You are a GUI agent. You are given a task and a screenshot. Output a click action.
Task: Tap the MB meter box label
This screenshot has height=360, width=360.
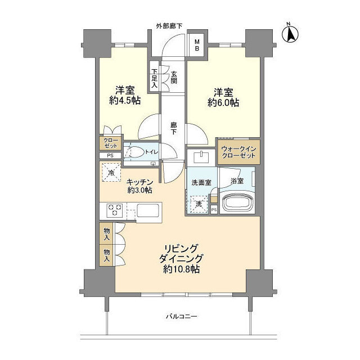[x=197, y=43]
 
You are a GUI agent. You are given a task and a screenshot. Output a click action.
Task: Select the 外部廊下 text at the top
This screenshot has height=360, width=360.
[x=173, y=26]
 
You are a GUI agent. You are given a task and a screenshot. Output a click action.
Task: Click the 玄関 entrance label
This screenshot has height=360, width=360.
[x=174, y=76]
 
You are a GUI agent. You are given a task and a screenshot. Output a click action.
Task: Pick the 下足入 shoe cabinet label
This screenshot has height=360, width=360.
[x=155, y=79]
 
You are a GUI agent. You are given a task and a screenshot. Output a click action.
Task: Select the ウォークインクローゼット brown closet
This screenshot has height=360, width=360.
[x=238, y=152]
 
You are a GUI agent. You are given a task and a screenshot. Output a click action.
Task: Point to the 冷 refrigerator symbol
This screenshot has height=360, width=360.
[x=111, y=172]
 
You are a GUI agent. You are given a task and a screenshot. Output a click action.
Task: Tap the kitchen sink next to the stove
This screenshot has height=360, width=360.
[x=148, y=212]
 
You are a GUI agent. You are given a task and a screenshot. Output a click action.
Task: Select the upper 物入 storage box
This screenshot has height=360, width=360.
[x=107, y=232]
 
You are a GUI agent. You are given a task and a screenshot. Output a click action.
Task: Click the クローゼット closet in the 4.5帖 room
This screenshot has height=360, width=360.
[x=109, y=144]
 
